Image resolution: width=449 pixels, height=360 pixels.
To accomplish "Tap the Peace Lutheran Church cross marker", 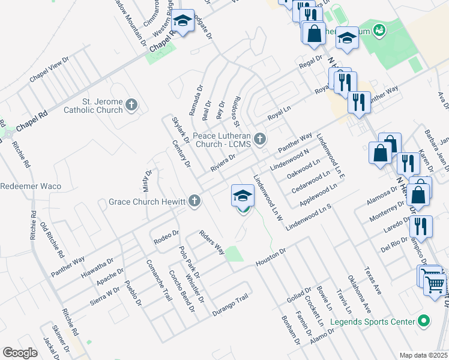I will coord(260,139).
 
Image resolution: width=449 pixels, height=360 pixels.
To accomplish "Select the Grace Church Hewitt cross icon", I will coord(194,201).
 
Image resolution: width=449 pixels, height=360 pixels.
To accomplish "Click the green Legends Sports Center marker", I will coord(424,322).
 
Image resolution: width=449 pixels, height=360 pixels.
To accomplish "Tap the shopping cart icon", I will coord(435,282).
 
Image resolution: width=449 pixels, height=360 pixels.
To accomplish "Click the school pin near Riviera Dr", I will coord(243,195).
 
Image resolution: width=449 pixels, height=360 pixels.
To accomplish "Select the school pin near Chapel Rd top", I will coord(182,23).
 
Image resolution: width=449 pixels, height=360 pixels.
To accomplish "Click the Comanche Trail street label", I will coord(157,280).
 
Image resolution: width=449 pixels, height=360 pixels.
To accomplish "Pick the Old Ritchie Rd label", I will coord(49,239).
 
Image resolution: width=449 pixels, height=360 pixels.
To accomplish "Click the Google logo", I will coord(20,353).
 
